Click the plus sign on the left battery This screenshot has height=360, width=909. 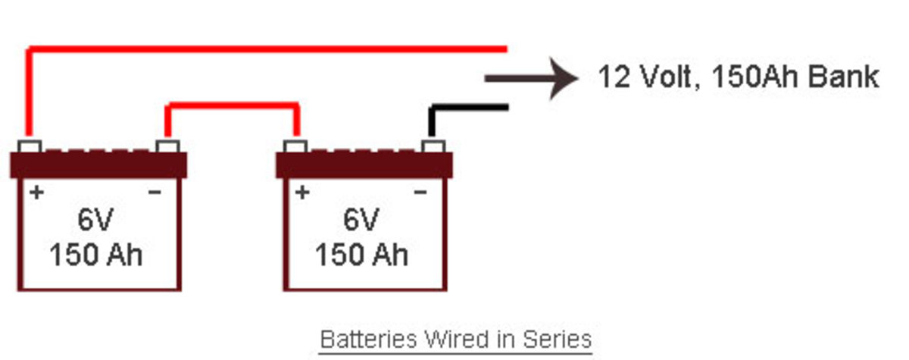(x=36, y=193)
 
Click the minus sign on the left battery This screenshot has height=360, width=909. (x=155, y=193)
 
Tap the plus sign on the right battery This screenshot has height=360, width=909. (x=302, y=193)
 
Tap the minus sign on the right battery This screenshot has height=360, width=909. (x=420, y=193)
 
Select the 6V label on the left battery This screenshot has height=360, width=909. (x=95, y=221)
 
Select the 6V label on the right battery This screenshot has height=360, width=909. (x=361, y=221)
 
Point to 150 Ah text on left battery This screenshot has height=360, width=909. (x=95, y=255)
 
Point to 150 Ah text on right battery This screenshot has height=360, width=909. (x=361, y=255)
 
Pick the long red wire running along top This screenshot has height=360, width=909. (x=265, y=49)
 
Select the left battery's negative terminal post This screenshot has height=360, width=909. (x=167, y=146)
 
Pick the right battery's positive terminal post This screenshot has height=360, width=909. (x=295, y=146)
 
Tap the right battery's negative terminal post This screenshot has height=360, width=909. (x=433, y=146)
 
